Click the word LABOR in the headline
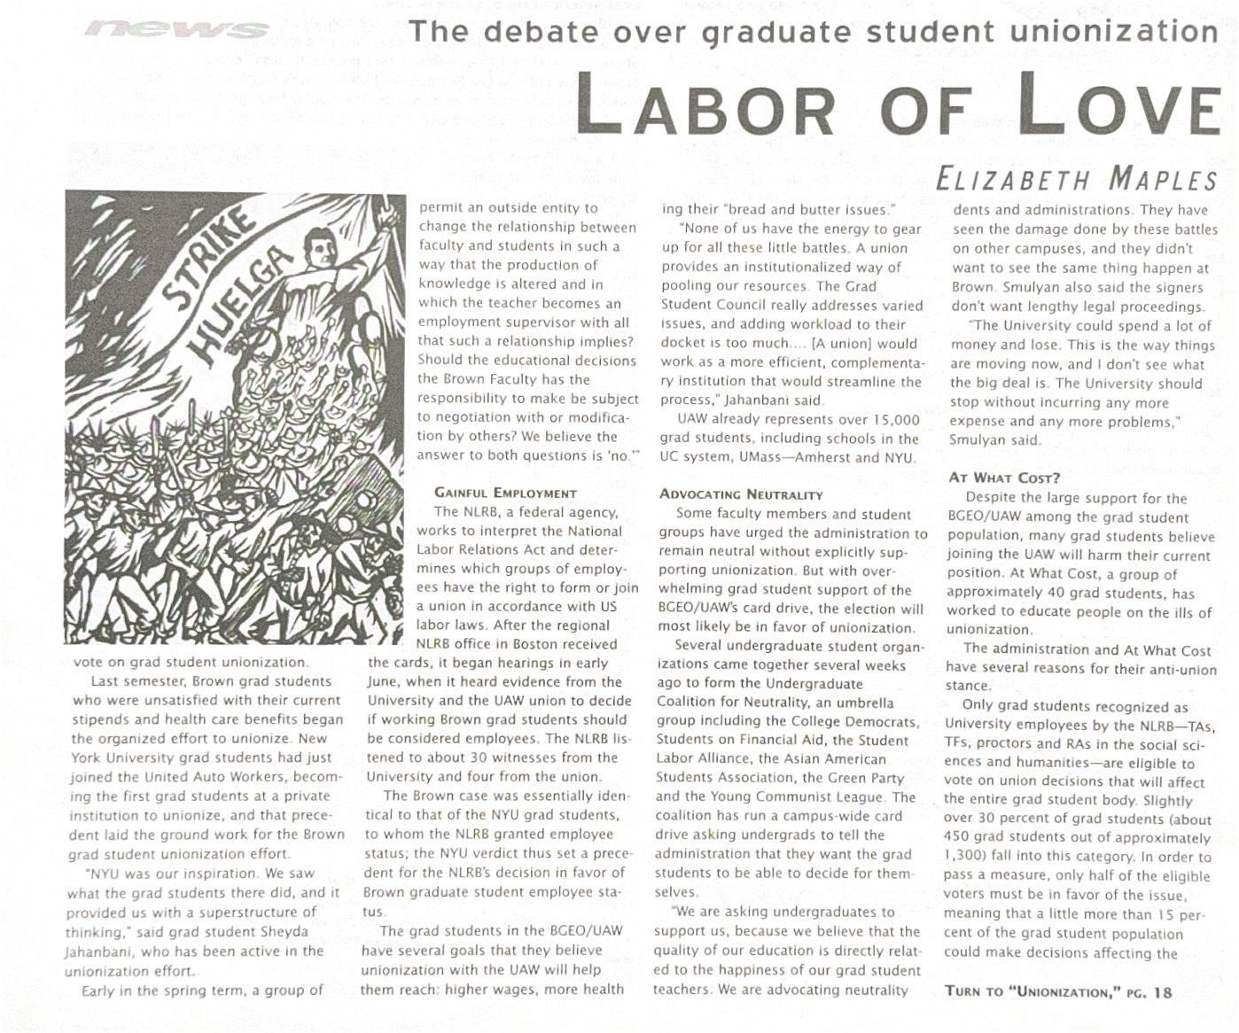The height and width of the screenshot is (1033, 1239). [x=705, y=105]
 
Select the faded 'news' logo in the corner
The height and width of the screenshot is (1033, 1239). [x=177, y=29]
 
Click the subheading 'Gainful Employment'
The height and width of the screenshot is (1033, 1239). [x=505, y=493]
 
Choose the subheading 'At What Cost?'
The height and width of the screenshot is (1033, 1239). [x=1004, y=478]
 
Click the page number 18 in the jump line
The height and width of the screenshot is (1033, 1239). [x=1163, y=991]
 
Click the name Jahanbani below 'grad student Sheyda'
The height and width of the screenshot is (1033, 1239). [x=98, y=951]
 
